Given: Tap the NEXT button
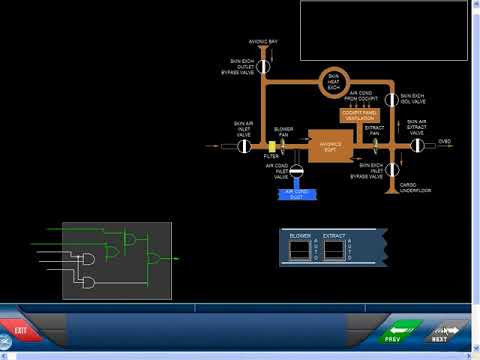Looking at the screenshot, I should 448,332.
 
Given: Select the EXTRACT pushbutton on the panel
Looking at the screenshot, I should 334,250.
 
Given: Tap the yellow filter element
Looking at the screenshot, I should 271,146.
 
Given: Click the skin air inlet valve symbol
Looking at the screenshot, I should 243,146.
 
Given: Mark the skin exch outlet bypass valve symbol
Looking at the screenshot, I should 264,66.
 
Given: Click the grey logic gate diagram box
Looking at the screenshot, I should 116,260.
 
